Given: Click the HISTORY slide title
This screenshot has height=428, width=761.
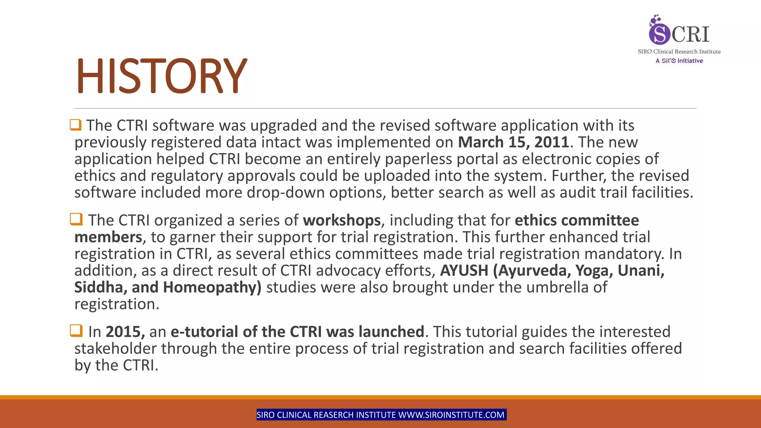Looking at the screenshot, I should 161,76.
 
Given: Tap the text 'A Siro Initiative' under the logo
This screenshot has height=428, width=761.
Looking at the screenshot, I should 679,61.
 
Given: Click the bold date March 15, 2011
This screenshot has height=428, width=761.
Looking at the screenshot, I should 513,142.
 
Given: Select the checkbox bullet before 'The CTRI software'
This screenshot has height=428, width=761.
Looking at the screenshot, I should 75,125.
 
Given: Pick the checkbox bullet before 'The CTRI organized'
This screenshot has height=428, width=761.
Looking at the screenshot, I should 76,219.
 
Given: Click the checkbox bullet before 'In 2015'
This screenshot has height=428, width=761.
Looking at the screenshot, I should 76,330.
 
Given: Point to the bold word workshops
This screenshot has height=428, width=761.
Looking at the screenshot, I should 341,220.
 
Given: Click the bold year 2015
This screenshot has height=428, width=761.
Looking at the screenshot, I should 125,332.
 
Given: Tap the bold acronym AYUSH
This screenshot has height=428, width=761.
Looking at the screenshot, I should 464,270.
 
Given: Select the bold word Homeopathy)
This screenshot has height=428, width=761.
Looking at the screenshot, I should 212,287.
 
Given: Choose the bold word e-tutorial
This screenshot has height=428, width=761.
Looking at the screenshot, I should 204,332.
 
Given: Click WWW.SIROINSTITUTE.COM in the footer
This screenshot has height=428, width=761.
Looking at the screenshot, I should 451,415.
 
